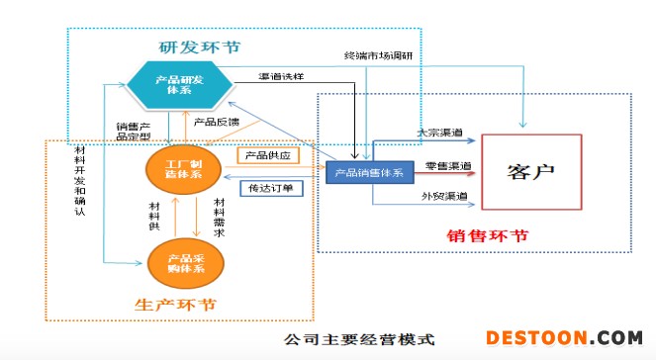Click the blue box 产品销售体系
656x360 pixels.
pos(368,172)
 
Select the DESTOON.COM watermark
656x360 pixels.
pos(564,338)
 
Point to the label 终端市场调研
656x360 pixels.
pos(385,54)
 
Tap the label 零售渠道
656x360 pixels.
pos(447,164)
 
